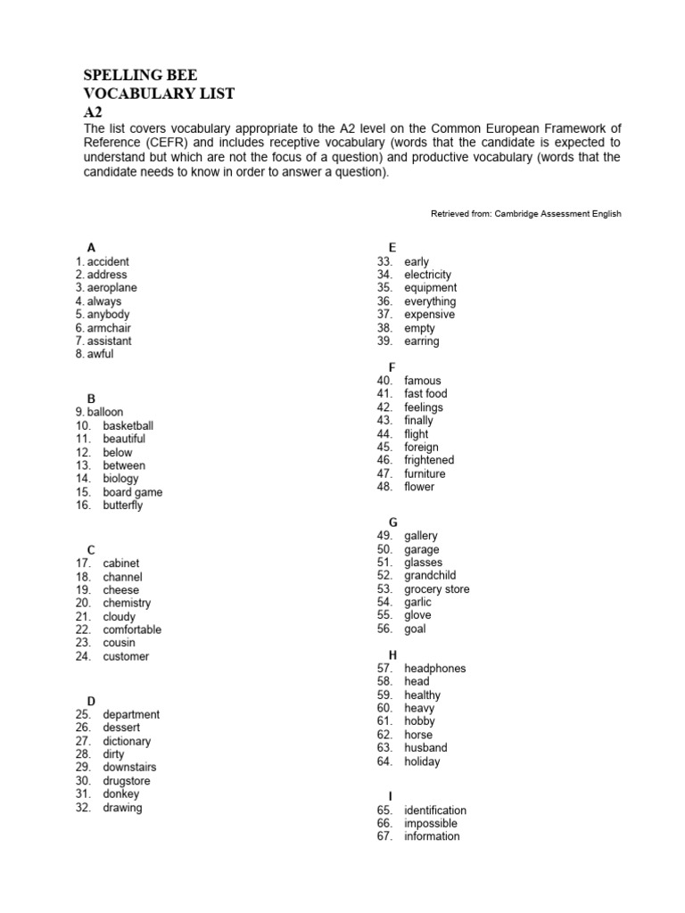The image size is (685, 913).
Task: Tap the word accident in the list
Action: pyautogui.click(x=108, y=261)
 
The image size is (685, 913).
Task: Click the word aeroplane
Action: pyautogui.click(x=112, y=288)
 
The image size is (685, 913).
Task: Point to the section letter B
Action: pyautogui.click(x=91, y=399)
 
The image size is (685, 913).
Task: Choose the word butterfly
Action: pyautogui.click(x=122, y=506)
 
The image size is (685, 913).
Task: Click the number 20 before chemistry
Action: pyautogui.click(x=84, y=604)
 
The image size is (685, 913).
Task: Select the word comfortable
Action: pyautogui.click(x=132, y=629)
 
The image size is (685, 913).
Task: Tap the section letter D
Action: pyautogui.click(x=91, y=701)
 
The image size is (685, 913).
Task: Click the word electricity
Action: pyautogui.click(x=427, y=275)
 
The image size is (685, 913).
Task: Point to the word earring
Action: pyautogui.click(x=421, y=341)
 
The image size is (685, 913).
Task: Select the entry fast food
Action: pyautogui.click(x=425, y=394)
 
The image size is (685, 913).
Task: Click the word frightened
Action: pyautogui.click(x=429, y=460)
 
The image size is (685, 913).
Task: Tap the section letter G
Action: pyautogui.click(x=392, y=522)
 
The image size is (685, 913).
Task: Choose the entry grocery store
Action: pyautogui.click(x=436, y=589)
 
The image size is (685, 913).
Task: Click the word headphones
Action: pyautogui.click(x=434, y=669)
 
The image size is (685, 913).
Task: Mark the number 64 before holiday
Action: pyautogui.click(x=385, y=762)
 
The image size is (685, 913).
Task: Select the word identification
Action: pyautogui.click(x=434, y=810)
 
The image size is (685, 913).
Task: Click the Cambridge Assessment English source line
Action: pyautogui.click(x=525, y=214)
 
